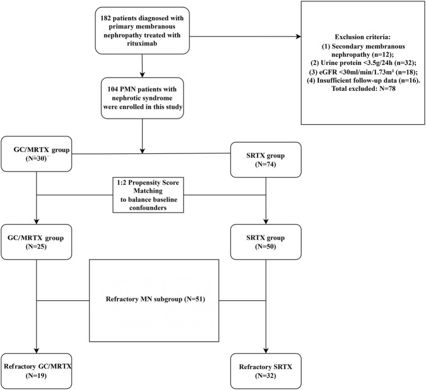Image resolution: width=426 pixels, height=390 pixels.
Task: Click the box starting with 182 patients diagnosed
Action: [142, 30]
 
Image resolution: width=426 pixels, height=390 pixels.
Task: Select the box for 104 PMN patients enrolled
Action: [143, 98]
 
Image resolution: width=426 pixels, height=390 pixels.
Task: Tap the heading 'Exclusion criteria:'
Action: [362, 37]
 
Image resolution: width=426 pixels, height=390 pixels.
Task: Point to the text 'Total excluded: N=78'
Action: [364, 88]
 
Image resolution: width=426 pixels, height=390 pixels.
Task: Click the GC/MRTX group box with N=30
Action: [37, 154]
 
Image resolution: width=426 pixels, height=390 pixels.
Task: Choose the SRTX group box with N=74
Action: [266, 160]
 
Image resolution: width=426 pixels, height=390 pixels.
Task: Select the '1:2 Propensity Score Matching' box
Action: [148, 195]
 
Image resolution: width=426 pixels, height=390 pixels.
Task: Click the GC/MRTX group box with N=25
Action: [37, 242]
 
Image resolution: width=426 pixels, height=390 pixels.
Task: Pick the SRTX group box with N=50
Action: [266, 242]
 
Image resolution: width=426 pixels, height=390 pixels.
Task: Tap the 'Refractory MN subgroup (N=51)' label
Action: [155, 299]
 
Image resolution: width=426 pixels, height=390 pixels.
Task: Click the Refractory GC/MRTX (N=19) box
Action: [37, 371]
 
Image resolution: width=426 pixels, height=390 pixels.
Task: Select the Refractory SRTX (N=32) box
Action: [266, 371]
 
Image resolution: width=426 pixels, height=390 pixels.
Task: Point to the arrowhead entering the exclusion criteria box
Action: [298, 37]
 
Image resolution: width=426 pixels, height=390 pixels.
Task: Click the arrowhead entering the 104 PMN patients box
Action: [142, 74]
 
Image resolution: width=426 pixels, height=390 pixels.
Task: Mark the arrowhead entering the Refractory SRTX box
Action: [266, 350]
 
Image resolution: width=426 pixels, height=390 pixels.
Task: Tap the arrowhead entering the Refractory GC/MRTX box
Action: [37, 350]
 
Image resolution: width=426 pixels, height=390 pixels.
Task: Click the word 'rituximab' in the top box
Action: [142, 44]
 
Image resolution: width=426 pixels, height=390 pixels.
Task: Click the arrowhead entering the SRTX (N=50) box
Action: [266, 222]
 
